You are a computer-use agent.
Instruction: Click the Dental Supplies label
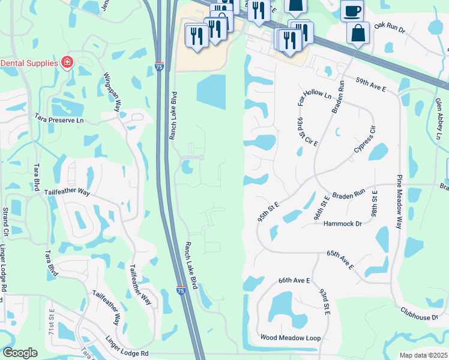(x=29, y=62)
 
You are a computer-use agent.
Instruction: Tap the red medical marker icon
(x=67, y=62)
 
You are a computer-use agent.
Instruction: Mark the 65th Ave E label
(x=339, y=259)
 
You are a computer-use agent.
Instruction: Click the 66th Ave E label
(x=294, y=280)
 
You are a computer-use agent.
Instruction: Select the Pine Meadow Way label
(x=398, y=202)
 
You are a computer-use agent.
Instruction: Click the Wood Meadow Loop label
(x=291, y=338)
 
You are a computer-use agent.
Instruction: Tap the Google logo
(x=20, y=352)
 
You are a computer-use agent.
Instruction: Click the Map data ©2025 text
(x=423, y=355)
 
